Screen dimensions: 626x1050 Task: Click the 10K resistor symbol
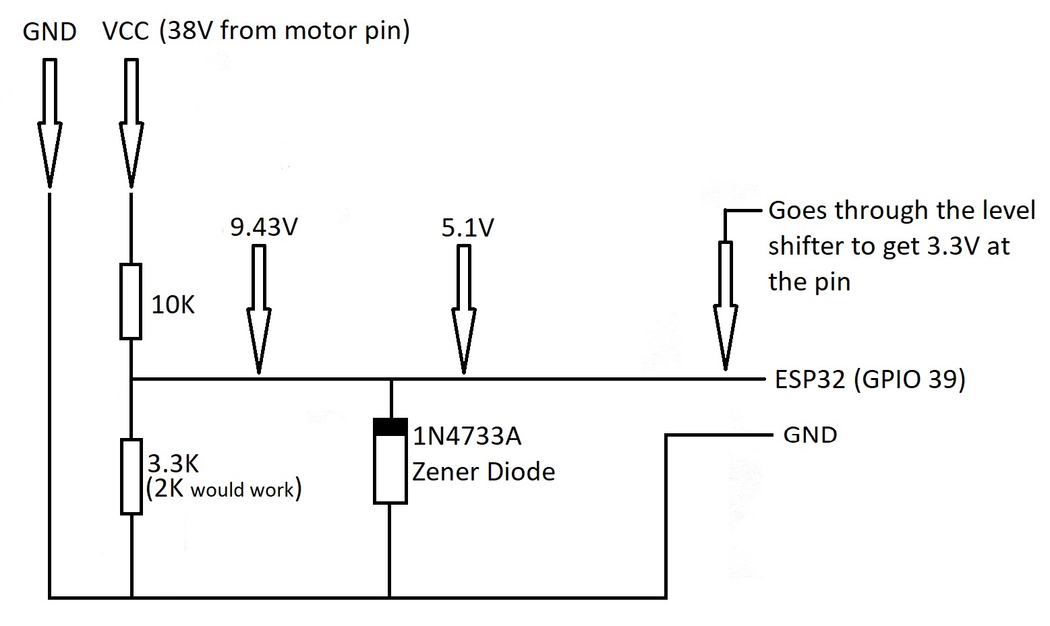[131, 301]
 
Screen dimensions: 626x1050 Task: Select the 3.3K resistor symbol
[131, 476]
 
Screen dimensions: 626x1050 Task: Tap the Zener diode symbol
[390, 461]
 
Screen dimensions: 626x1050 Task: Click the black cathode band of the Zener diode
[390, 427]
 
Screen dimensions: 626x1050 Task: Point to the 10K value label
[173, 305]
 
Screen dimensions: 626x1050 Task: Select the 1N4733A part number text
[467, 437]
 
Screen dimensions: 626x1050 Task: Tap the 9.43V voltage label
[264, 227]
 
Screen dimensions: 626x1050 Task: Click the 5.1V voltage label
[467, 228]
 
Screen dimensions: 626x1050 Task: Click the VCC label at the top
[125, 31]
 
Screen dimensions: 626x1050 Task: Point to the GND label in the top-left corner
[49, 32]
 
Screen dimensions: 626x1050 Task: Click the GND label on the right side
[810, 435]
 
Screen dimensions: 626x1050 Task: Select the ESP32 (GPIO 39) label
[870, 379]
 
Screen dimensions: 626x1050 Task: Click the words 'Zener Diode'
[484, 471]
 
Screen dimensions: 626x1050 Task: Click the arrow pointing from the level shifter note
[725, 303]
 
